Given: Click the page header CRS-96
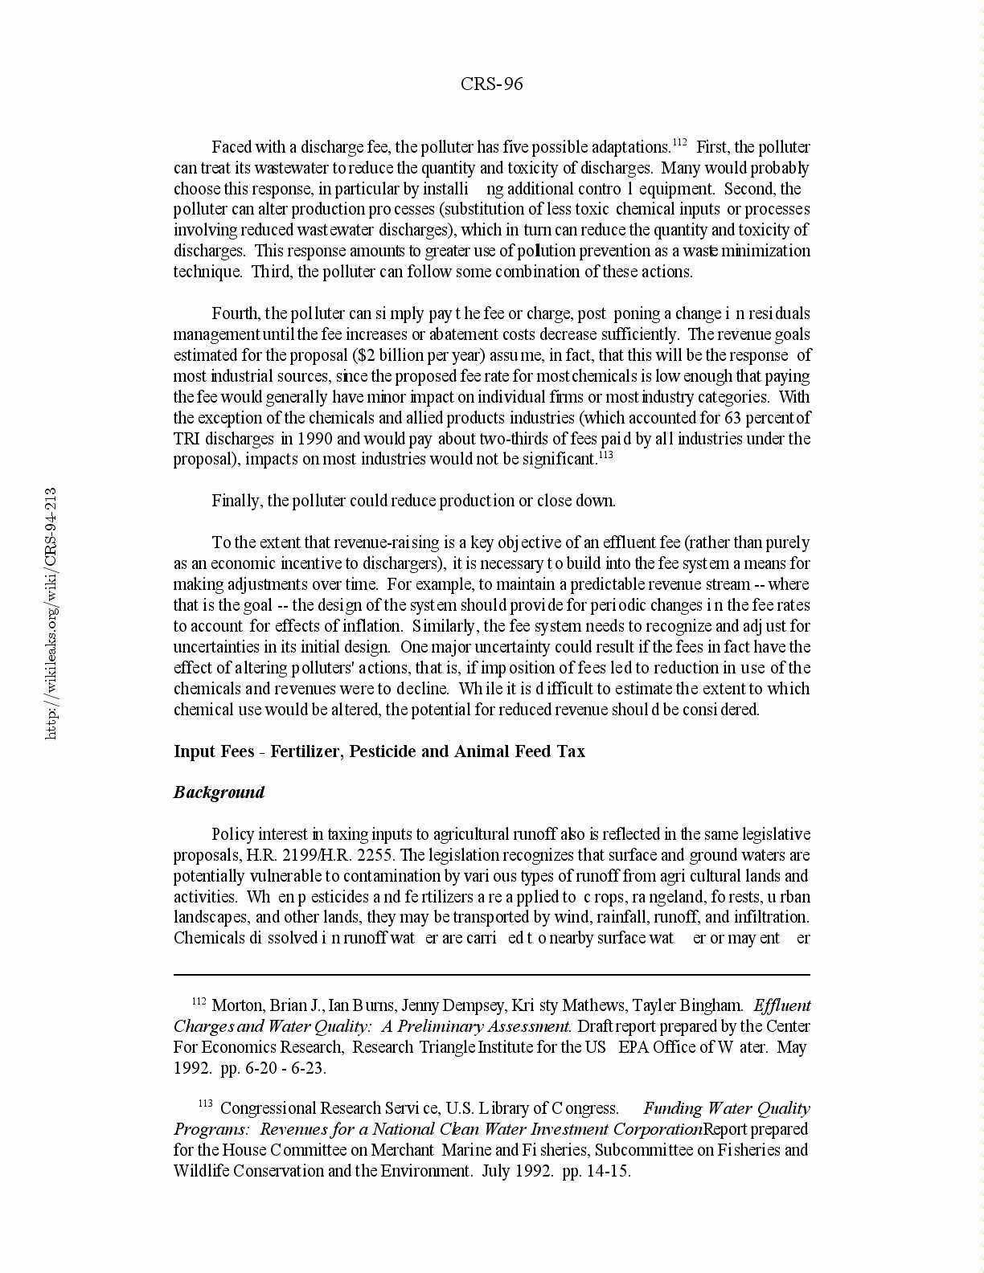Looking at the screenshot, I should (x=491, y=84).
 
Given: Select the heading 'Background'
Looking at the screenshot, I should (x=219, y=792).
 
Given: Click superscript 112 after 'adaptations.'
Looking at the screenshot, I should (x=679, y=143).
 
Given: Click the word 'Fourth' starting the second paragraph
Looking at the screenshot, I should (x=236, y=313).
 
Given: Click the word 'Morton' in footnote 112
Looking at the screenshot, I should (x=238, y=1005).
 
